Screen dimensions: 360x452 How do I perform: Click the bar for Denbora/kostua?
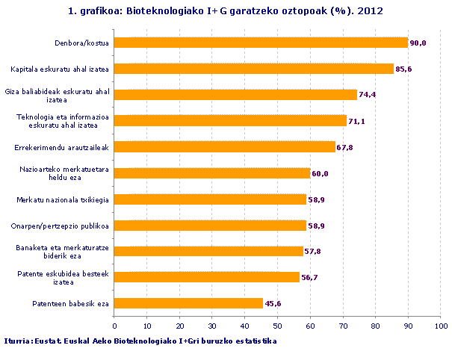pos(261,43)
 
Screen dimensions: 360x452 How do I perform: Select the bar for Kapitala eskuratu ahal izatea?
pos(254,69)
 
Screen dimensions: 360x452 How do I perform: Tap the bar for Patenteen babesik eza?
pos(188,303)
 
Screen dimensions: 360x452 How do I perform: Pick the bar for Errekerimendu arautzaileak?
pos(225,147)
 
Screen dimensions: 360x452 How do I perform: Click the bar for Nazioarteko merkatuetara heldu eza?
pos(212,173)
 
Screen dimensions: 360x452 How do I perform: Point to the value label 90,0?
pos(417,43)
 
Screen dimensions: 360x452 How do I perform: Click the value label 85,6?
pos(403,69)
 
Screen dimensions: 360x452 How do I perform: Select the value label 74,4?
pos(367,96)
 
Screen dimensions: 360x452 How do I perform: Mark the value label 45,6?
pos(273,304)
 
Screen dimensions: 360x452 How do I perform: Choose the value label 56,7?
pos(309,278)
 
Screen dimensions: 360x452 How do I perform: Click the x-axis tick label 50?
pos(277,326)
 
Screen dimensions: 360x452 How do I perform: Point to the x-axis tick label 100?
pos(441,326)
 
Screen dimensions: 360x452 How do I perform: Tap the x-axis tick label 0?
pos(114,326)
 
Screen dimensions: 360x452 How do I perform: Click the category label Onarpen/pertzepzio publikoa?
pos(62,226)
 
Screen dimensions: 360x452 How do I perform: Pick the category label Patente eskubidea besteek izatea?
pos(64,278)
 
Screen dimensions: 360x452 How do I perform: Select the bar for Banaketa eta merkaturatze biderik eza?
pos(208,252)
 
